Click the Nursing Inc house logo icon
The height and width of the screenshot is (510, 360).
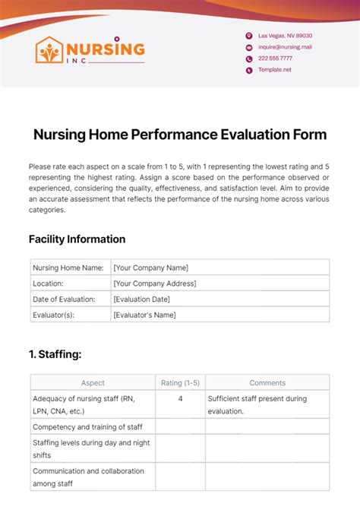[51, 50]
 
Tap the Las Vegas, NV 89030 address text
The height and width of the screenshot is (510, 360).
[285, 36]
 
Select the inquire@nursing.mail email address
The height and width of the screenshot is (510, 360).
[285, 47]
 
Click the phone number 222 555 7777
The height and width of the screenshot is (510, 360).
[275, 59]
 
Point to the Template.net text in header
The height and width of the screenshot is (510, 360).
[274, 70]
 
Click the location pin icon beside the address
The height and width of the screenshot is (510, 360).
[248, 36]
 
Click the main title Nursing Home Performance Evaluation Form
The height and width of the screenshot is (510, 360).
[180, 135]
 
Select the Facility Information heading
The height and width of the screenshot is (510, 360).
[77, 239]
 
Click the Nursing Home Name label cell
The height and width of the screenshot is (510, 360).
[68, 268]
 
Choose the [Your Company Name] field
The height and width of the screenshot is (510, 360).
[150, 268]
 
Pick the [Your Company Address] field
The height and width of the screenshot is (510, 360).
[154, 284]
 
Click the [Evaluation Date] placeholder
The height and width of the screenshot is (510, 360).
[141, 299]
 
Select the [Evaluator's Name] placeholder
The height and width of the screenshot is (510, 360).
[144, 315]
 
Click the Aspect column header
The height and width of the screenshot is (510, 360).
[93, 383]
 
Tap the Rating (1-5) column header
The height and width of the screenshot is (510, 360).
[180, 383]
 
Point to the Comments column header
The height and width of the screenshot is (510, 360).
[267, 383]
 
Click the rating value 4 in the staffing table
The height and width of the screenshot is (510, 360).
[180, 398]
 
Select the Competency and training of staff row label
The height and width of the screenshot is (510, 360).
[87, 427]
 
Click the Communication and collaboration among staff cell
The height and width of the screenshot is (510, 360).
[87, 477]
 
